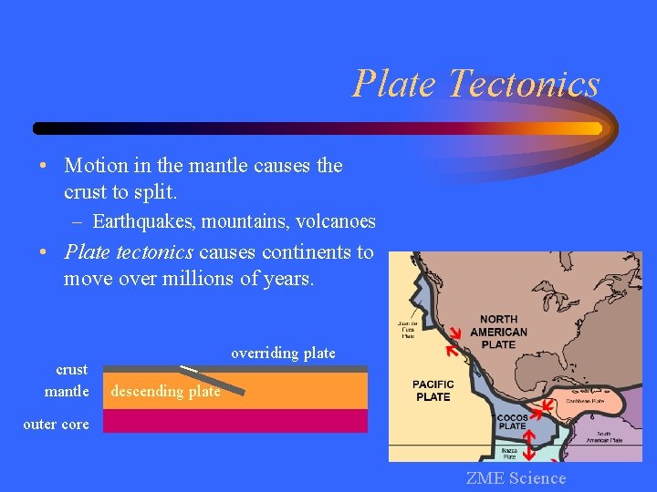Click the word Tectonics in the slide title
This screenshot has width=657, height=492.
pos(524,84)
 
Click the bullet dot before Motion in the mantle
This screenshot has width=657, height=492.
pos(43,166)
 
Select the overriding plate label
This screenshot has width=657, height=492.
pos(283,353)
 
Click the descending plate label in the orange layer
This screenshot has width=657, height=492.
pos(165,391)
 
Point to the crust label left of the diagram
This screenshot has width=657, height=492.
pos(72,369)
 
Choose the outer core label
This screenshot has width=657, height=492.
pos(56,424)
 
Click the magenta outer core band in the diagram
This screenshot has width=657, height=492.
pos(235,421)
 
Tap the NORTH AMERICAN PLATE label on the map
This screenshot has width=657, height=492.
pos(498,332)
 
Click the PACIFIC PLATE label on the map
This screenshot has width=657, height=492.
pos(433,391)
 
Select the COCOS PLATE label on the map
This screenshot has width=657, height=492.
pos(512,422)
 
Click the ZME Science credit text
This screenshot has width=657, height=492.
pos(516,478)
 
